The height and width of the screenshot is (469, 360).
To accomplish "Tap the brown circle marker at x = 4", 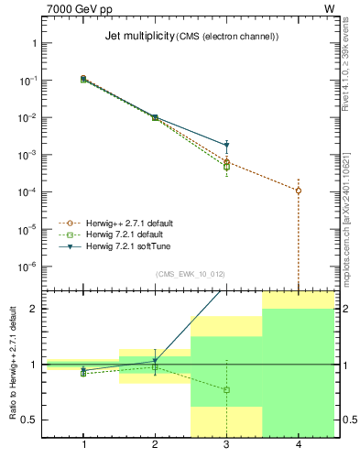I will (x=299, y=191).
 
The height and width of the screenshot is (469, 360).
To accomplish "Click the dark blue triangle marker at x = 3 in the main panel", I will (x=226, y=146).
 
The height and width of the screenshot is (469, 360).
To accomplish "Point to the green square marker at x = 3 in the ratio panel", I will (x=226, y=390).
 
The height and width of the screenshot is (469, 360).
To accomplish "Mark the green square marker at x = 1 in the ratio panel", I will (x=83, y=374).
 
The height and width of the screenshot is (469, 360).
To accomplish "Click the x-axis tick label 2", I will (x=155, y=444).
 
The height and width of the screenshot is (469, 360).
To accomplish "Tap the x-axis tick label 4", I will (x=299, y=444).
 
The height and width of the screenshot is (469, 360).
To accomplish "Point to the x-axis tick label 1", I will (x=83, y=444).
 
